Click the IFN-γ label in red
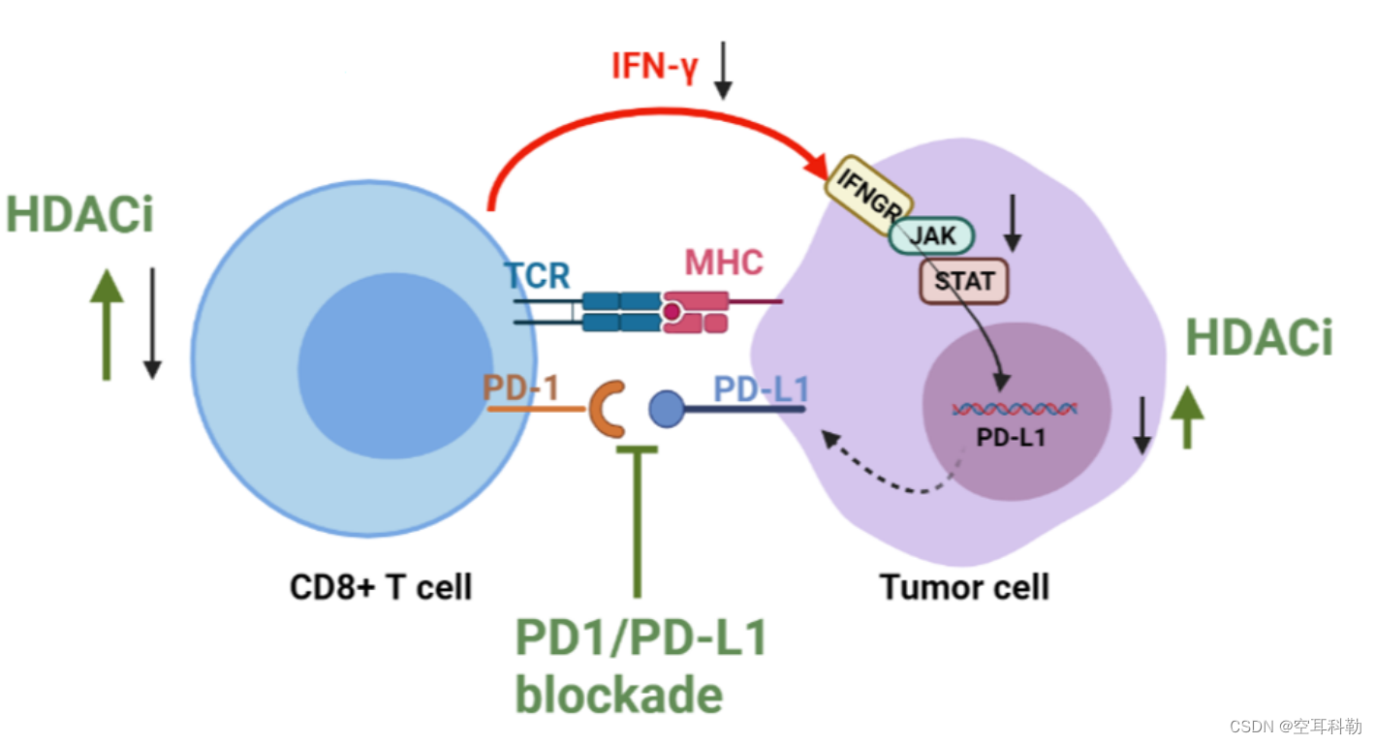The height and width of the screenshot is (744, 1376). click(654, 66)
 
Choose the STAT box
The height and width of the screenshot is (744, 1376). click(964, 281)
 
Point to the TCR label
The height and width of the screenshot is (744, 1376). click(537, 275)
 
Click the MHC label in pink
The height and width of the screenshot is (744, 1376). click(724, 262)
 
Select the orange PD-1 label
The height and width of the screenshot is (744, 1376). click(520, 387)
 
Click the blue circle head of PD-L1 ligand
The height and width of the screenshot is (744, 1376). click(666, 409)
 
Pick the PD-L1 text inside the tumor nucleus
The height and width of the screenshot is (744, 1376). click(1011, 437)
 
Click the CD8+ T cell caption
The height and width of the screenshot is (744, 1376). click(381, 587)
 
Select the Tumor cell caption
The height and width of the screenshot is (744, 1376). click(964, 587)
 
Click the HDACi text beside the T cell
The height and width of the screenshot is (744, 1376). click(80, 214)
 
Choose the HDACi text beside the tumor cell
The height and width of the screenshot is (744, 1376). click(1260, 338)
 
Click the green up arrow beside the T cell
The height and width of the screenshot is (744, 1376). click(107, 325)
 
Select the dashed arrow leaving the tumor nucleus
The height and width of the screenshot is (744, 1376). click(887, 472)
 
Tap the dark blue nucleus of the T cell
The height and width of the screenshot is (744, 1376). click(394, 366)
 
